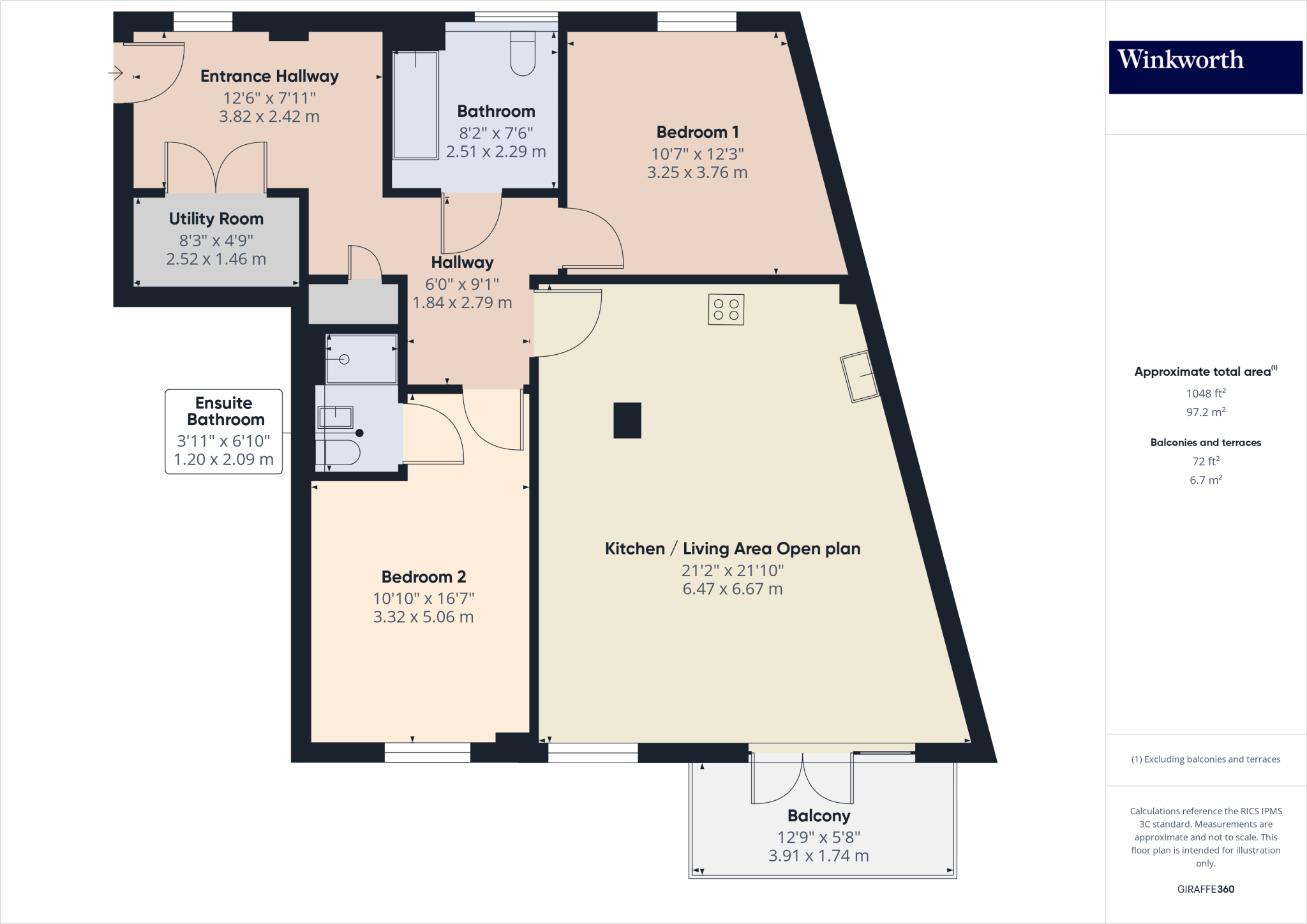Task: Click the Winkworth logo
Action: [1205, 66]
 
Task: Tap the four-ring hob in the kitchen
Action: [726, 309]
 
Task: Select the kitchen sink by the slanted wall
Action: [860, 376]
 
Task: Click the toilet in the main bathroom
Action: [523, 54]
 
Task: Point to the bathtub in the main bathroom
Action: [415, 105]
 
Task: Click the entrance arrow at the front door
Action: [116, 73]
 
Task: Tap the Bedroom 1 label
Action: [698, 132]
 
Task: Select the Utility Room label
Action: [216, 219]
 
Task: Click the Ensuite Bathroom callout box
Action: [223, 431]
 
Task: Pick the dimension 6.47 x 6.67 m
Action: [732, 589]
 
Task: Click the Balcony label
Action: [818, 816]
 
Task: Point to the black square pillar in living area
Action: [627, 420]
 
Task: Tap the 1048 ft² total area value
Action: [1205, 394]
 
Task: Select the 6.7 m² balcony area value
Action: [1205, 480]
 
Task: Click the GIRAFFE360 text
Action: [1205, 889]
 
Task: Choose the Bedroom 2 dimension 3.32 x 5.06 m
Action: [423, 617]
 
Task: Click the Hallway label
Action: [462, 262]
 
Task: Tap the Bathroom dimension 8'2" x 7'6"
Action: [496, 133]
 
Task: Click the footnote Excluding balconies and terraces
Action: [1205, 759]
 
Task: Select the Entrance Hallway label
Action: [269, 77]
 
